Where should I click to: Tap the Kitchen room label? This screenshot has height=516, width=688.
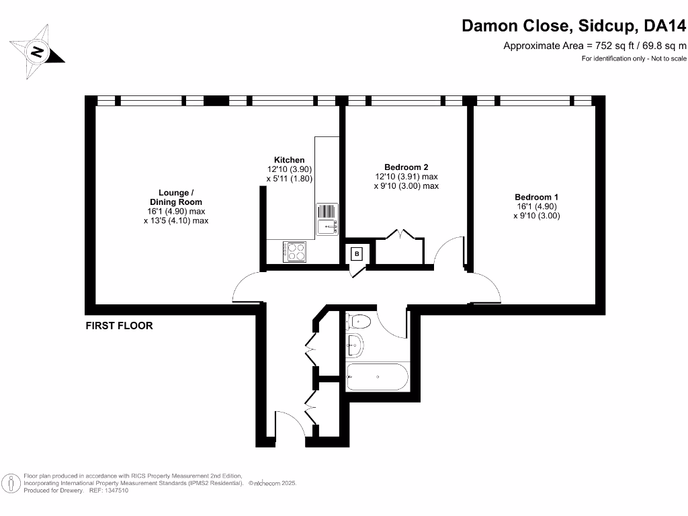pos(290,160)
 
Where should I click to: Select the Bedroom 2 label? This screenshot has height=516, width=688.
pos(406,167)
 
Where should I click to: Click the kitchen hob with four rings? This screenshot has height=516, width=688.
pos(296,251)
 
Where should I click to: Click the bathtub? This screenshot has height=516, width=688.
pos(376,377)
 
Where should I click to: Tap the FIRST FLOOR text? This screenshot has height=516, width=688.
pos(119,326)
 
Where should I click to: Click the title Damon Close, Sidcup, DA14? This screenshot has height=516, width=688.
pos(574,26)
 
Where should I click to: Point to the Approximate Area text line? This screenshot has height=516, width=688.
pos(595,46)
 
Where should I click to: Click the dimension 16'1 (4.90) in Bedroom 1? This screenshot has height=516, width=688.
pos(536,207)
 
